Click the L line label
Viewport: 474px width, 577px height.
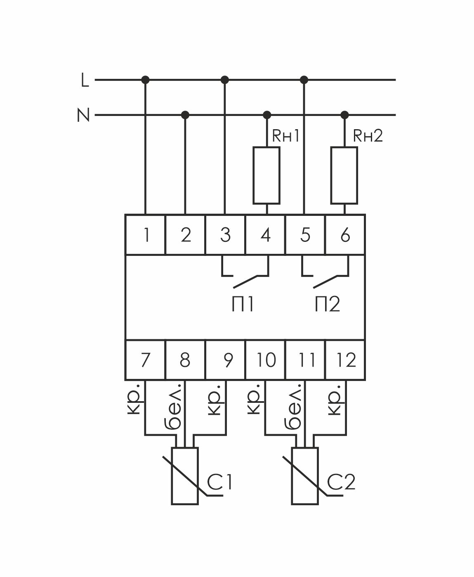pyautogui.click(x=85, y=80)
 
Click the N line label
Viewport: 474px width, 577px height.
pyautogui.click(x=83, y=115)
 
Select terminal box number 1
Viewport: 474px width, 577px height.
pyautogui.click(x=146, y=235)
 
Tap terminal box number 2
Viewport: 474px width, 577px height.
pyautogui.click(x=186, y=235)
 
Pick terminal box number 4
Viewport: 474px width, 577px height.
pyautogui.click(x=266, y=235)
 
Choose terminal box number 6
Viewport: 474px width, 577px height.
pyautogui.click(x=345, y=235)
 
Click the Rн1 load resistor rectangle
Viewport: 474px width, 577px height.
pyautogui.click(x=266, y=175)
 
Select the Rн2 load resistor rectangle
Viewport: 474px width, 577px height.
pyautogui.click(x=344, y=175)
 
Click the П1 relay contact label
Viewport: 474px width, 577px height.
pyautogui.click(x=242, y=305)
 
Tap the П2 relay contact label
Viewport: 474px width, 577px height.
pyautogui.click(x=328, y=305)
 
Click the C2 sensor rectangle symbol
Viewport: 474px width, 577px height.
pyautogui.click(x=305, y=475)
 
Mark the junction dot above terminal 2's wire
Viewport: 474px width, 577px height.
pyautogui.click(x=185, y=114)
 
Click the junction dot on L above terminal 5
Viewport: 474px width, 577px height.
pyautogui.click(x=304, y=79)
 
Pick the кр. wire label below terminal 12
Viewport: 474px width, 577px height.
pyautogui.click(x=335, y=400)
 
